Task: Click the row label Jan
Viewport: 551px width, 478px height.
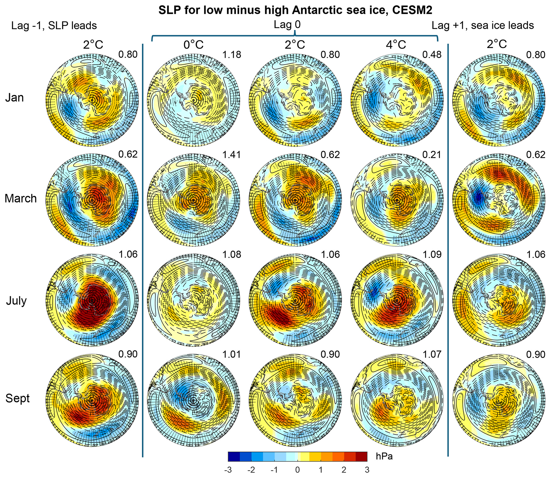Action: pyautogui.click(x=14, y=97)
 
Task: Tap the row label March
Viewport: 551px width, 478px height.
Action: pyautogui.click(x=21, y=198)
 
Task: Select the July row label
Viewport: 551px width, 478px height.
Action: pyautogui.click(x=16, y=301)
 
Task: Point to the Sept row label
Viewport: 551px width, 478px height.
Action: pyautogui.click(x=17, y=398)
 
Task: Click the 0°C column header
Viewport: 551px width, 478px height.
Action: pyautogui.click(x=194, y=45)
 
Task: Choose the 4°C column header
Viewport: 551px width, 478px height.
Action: pyautogui.click(x=396, y=45)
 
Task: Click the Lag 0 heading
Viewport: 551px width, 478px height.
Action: pyautogui.click(x=287, y=25)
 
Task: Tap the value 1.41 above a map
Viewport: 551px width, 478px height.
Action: pyautogui.click(x=232, y=155)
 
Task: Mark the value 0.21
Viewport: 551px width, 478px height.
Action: pyautogui.click(x=432, y=155)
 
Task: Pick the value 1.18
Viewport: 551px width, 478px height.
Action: pyautogui.click(x=232, y=55)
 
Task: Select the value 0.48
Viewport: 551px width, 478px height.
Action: pyautogui.click(x=432, y=55)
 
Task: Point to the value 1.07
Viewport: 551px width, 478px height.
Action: pyautogui.click(x=432, y=354)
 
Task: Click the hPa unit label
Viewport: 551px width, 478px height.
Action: pyautogui.click(x=384, y=456)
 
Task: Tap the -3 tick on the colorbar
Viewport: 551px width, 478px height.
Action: pyautogui.click(x=228, y=470)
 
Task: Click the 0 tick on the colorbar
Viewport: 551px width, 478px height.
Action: pyautogui.click(x=297, y=470)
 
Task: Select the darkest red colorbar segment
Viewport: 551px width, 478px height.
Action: pyautogui.click(x=361, y=456)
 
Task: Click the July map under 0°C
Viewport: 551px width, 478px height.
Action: pyautogui.click(x=194, y=300)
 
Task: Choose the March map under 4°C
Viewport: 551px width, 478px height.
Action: pyautogui.click(x=397, y=199)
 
